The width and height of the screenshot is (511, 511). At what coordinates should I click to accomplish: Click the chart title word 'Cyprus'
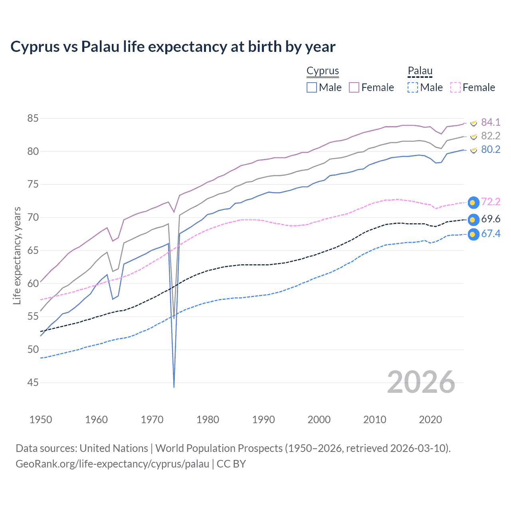point(34,47)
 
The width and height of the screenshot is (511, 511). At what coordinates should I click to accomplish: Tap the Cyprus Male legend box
point(312,87)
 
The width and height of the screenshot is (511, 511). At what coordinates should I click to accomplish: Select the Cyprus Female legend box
point(354,87)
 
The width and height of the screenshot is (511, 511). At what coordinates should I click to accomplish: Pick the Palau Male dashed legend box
point(413,87)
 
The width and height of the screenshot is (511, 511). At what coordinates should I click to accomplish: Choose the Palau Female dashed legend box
point(456,87)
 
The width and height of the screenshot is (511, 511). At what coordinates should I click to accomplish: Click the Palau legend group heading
point(420,71)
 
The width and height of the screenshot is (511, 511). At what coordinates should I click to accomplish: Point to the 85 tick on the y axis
point(33,119)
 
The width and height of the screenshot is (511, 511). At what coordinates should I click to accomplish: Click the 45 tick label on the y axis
point(33,382)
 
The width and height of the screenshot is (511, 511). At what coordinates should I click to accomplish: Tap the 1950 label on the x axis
point(41,420)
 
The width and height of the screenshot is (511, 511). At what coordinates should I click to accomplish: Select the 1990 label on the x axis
point(263,420)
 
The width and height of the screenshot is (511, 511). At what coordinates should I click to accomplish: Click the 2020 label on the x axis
point(430,420)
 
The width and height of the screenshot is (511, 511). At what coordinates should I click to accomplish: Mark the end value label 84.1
point(491,122)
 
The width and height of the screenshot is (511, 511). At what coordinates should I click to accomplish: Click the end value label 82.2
point(491,136)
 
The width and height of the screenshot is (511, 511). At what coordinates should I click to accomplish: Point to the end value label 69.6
point(491,219)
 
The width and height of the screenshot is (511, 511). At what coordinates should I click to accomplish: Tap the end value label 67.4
point(491,234)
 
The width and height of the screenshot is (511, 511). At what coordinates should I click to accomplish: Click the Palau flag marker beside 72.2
point(473,203)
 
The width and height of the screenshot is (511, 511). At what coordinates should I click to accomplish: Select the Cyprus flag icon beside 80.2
point(473,150)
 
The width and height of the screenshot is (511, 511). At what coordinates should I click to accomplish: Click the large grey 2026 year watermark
point(421,382)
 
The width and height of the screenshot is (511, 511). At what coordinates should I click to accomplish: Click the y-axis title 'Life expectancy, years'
point(17,255)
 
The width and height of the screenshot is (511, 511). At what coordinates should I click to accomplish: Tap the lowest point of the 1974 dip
point(174,387)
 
